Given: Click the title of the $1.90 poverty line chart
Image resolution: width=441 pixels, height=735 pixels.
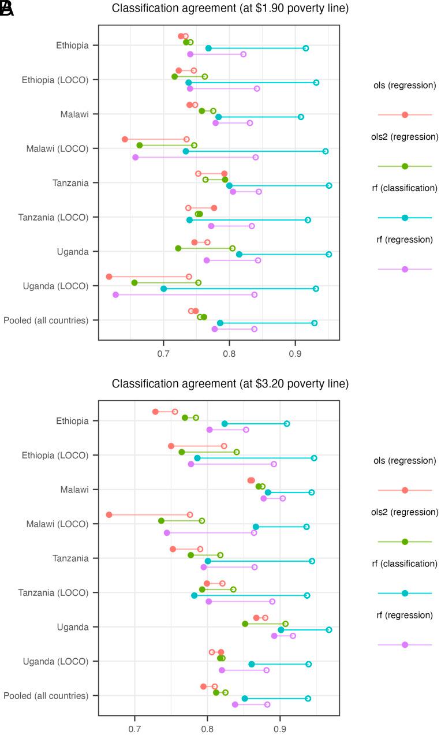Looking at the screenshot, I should pos(230,9).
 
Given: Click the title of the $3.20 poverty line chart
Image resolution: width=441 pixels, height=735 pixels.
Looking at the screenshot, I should pos(230,384).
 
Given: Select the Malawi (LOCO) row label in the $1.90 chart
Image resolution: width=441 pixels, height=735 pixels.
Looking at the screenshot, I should pos(57,148).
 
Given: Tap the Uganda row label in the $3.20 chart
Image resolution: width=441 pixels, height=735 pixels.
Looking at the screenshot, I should pos(73,627).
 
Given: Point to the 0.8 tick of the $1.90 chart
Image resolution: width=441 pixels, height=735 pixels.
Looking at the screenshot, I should pos(230,349).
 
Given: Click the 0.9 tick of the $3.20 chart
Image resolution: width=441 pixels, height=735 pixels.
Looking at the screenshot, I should pos(280,725).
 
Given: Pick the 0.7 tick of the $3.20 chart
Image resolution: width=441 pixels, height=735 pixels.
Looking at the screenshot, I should pos(135,725).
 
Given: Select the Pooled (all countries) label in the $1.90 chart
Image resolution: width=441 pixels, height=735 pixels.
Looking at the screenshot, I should pos(46,320).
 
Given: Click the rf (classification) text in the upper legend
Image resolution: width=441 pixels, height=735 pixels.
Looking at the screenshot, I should pos(405,188).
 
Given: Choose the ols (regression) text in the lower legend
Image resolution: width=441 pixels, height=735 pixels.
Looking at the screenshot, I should pos(405,461).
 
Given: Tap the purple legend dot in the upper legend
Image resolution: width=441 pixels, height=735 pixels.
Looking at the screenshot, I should pos(405,269).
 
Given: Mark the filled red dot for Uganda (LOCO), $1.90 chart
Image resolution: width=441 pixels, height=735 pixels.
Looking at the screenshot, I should pos(109,277).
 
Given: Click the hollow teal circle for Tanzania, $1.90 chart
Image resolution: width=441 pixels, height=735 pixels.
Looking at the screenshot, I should pos(329,186).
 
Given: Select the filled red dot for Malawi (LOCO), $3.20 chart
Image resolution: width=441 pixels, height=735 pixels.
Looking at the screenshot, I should pos(109,514).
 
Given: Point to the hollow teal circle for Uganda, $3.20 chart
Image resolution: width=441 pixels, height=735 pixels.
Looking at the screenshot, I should pos(329,630).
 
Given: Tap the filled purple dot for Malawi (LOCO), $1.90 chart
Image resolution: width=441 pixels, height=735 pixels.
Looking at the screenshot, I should pos(136,157).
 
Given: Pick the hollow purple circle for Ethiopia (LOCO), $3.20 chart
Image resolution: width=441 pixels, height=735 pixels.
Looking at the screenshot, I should pos(274,464).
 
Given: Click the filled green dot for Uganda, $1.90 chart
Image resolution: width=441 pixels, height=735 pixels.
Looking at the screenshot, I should pos(178,248).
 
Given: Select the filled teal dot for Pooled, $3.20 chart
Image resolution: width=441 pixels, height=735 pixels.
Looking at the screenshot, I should pos(245,699).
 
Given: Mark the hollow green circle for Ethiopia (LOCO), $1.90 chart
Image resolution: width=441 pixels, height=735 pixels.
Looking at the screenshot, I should pos(204,76).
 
